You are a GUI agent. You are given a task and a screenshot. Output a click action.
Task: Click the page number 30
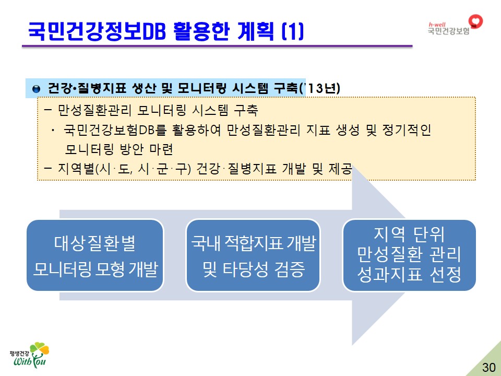tap(488, 367)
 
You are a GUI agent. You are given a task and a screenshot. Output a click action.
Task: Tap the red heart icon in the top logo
tap(475, 21)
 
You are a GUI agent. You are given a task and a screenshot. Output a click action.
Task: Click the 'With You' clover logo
tap(30, 355)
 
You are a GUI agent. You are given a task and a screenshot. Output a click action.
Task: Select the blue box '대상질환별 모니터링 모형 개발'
tap(95, 255)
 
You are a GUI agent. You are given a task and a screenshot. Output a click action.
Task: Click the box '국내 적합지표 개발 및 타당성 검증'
tap(253, 255)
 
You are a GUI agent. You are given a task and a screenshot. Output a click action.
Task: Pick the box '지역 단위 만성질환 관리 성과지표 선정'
tap(409, 255)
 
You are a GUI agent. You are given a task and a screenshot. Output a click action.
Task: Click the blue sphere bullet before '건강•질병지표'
tap(37, 89)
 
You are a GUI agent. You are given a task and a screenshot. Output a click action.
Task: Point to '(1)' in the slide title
tap(292, 31)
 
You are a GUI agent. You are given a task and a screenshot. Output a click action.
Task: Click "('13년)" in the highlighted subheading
tap(320, 88)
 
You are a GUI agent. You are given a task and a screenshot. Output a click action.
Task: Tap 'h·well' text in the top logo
tap(437, 25)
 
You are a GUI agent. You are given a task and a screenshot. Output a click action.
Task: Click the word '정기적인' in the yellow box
tap(407, 130)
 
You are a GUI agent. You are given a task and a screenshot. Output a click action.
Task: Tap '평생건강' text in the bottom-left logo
tap(19, 354)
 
